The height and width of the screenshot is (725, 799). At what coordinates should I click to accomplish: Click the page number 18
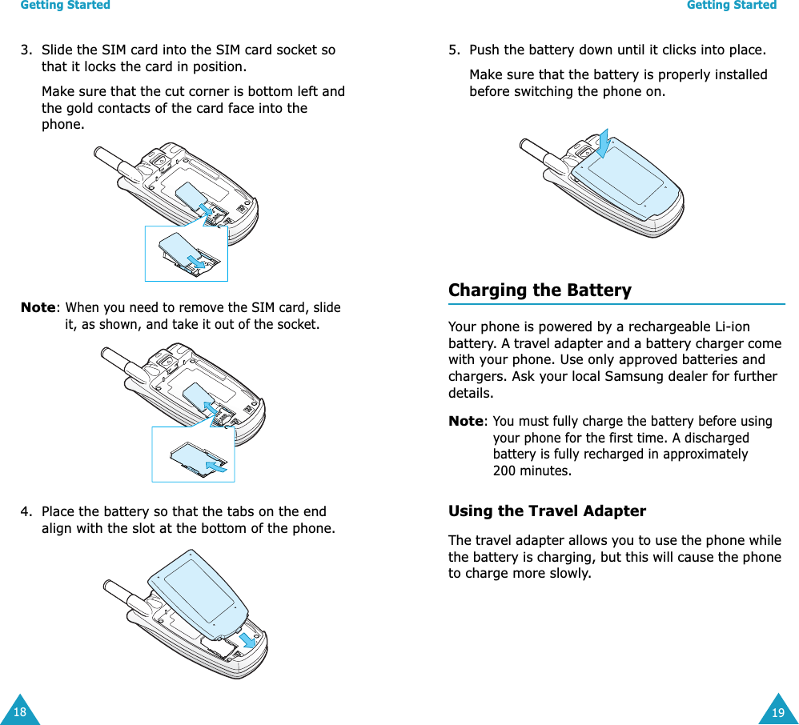tap(19, 712)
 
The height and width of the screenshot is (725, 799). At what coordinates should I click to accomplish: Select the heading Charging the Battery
tap(540, 290)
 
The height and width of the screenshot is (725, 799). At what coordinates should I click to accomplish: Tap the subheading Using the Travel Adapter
tap(547, 511)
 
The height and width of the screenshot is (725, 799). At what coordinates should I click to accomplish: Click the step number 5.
tap(453, 50)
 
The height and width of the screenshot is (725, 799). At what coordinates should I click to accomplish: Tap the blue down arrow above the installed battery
tap(603, 144)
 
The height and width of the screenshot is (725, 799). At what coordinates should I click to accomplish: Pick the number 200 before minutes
tap(504, 471)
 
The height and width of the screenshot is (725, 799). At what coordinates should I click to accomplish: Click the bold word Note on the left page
tap(38, 308)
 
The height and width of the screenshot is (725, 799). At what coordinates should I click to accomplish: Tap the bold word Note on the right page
tap(466, 422)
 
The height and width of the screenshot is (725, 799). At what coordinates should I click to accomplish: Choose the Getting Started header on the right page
tap(732, 6)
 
